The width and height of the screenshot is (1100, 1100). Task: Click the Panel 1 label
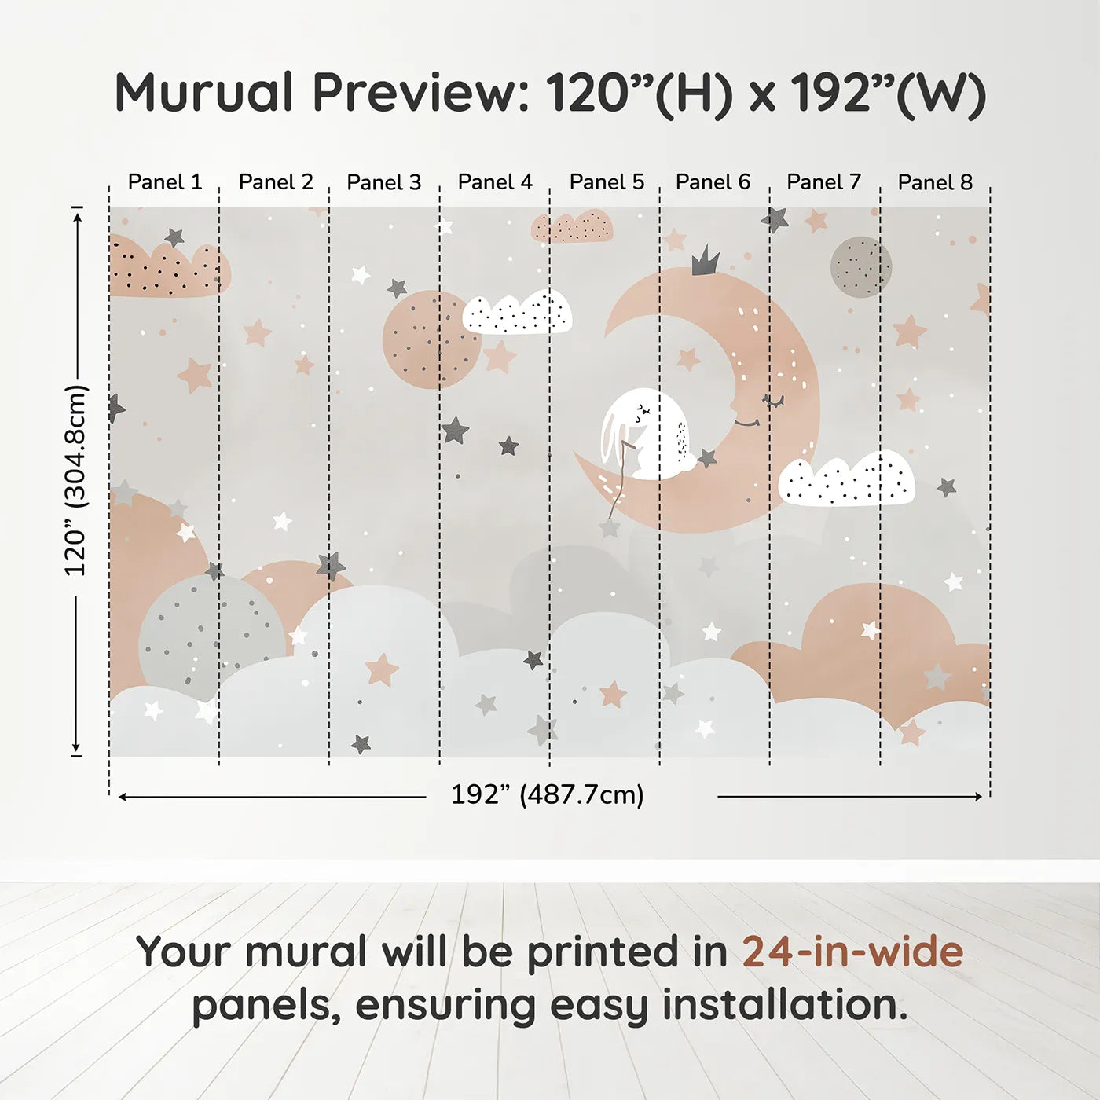pos(165,182)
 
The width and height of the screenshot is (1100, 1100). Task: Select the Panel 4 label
pos(495,182)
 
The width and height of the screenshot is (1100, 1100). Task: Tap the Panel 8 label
pos(935,182)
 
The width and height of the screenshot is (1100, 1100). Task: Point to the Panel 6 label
pos(713,182)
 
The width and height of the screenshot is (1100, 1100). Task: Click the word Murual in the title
pos(204,93)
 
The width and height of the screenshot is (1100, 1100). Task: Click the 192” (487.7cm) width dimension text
pos(548,794)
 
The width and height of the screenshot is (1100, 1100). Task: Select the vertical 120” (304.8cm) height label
pos(76,480)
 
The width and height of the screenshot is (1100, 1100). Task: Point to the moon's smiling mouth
pos(746,423)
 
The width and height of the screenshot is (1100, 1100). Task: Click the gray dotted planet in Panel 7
pos(860,267)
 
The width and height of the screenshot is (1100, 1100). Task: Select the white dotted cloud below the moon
pos(846,479)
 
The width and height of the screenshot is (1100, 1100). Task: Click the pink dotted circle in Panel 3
pos(431,339)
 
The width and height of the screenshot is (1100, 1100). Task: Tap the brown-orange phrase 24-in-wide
pos(852,951)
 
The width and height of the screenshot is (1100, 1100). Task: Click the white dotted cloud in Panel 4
pos(517,313)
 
